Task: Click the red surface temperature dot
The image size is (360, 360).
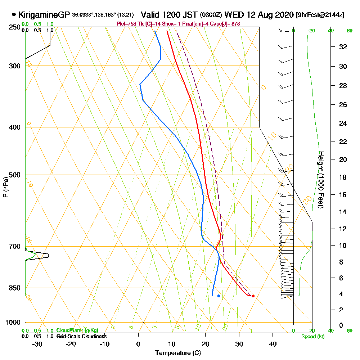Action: (x=253, y=296)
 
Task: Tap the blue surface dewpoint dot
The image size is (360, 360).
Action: (x=219, y=296)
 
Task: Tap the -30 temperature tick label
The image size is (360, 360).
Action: (x=37, y=344)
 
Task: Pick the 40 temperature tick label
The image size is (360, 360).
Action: (x=273, y=344)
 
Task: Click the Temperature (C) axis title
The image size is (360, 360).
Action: (x=178, y=353)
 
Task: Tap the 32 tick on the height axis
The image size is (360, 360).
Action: (x=343, y=47)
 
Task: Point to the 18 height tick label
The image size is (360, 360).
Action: (x=343, y=177)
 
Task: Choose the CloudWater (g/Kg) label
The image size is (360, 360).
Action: (x=77, y=330)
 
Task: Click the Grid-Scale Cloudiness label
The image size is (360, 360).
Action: (x=81, y=336)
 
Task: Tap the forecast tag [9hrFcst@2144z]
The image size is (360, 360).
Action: (x=320, y=15)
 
